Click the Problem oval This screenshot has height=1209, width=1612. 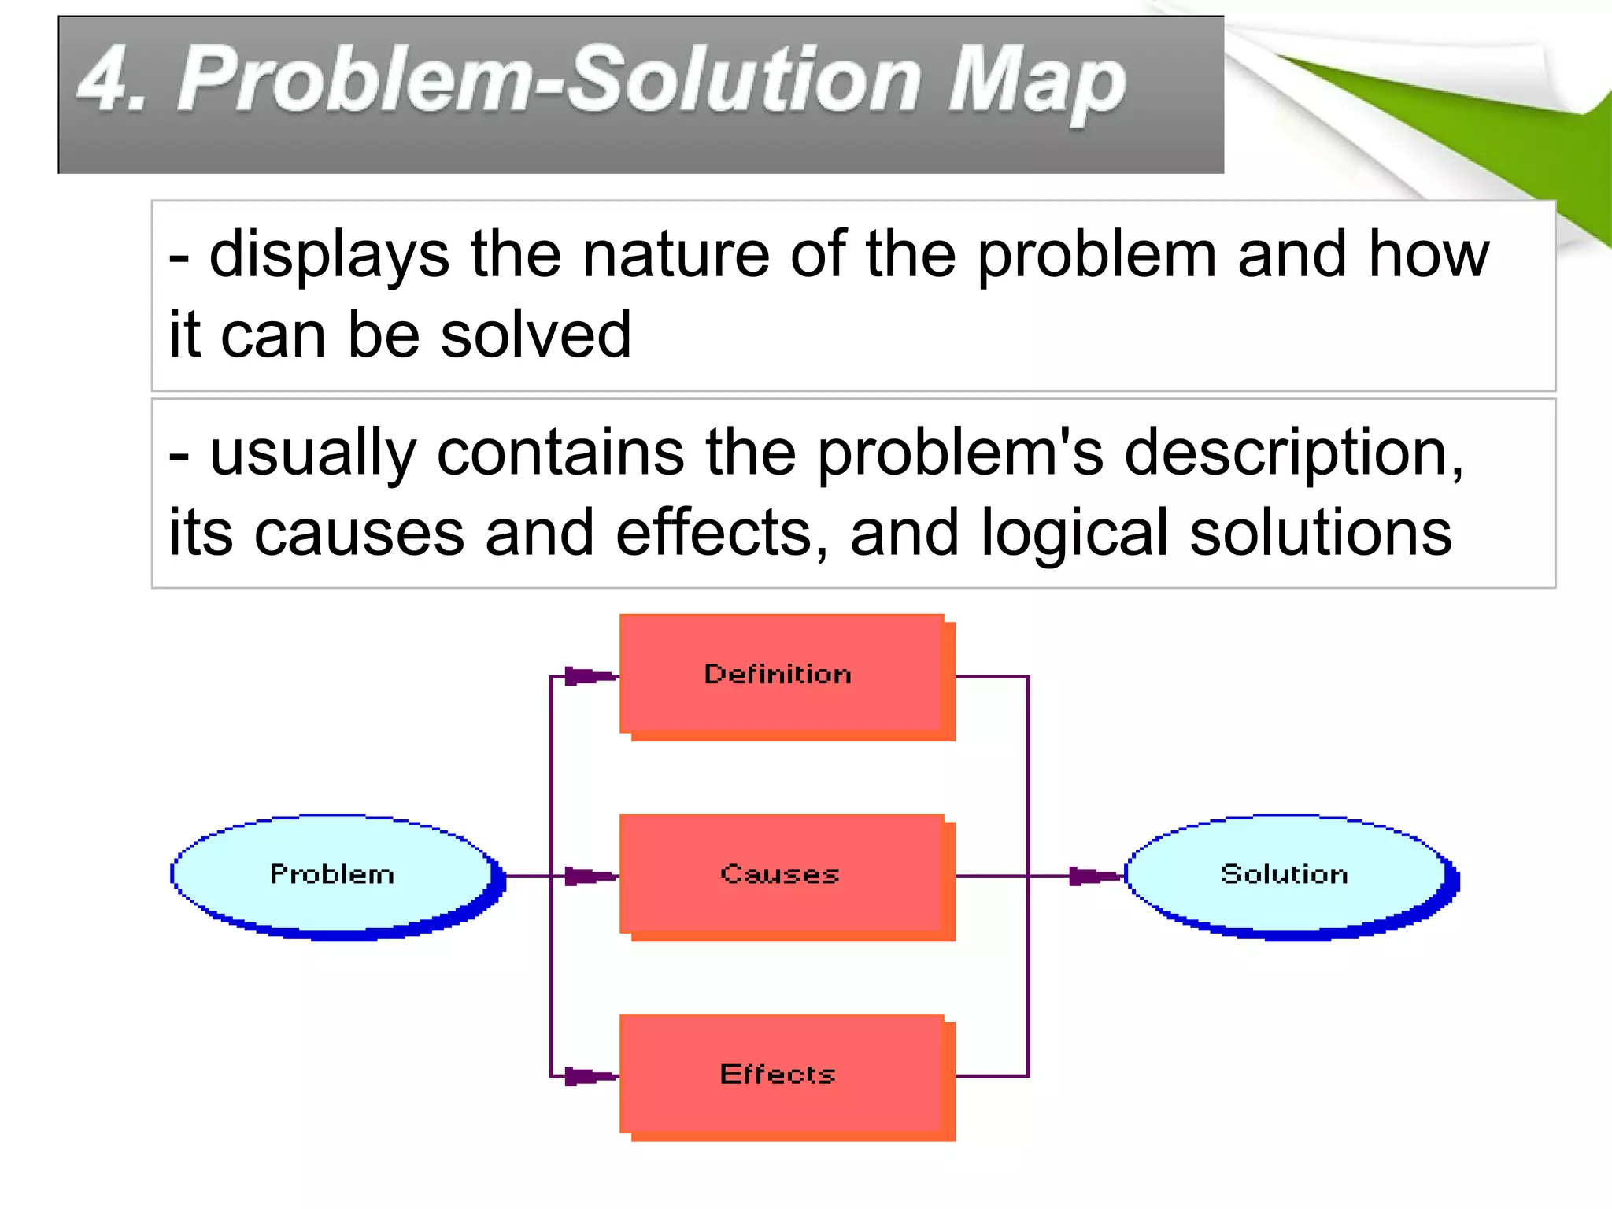tap(335, 875)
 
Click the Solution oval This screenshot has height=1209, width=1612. tap(1288, 875)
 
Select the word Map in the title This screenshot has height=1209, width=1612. tap(1037, 83)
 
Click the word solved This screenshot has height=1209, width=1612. tap(535, 335)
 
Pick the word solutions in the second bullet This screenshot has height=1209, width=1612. tap(1320, 534)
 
